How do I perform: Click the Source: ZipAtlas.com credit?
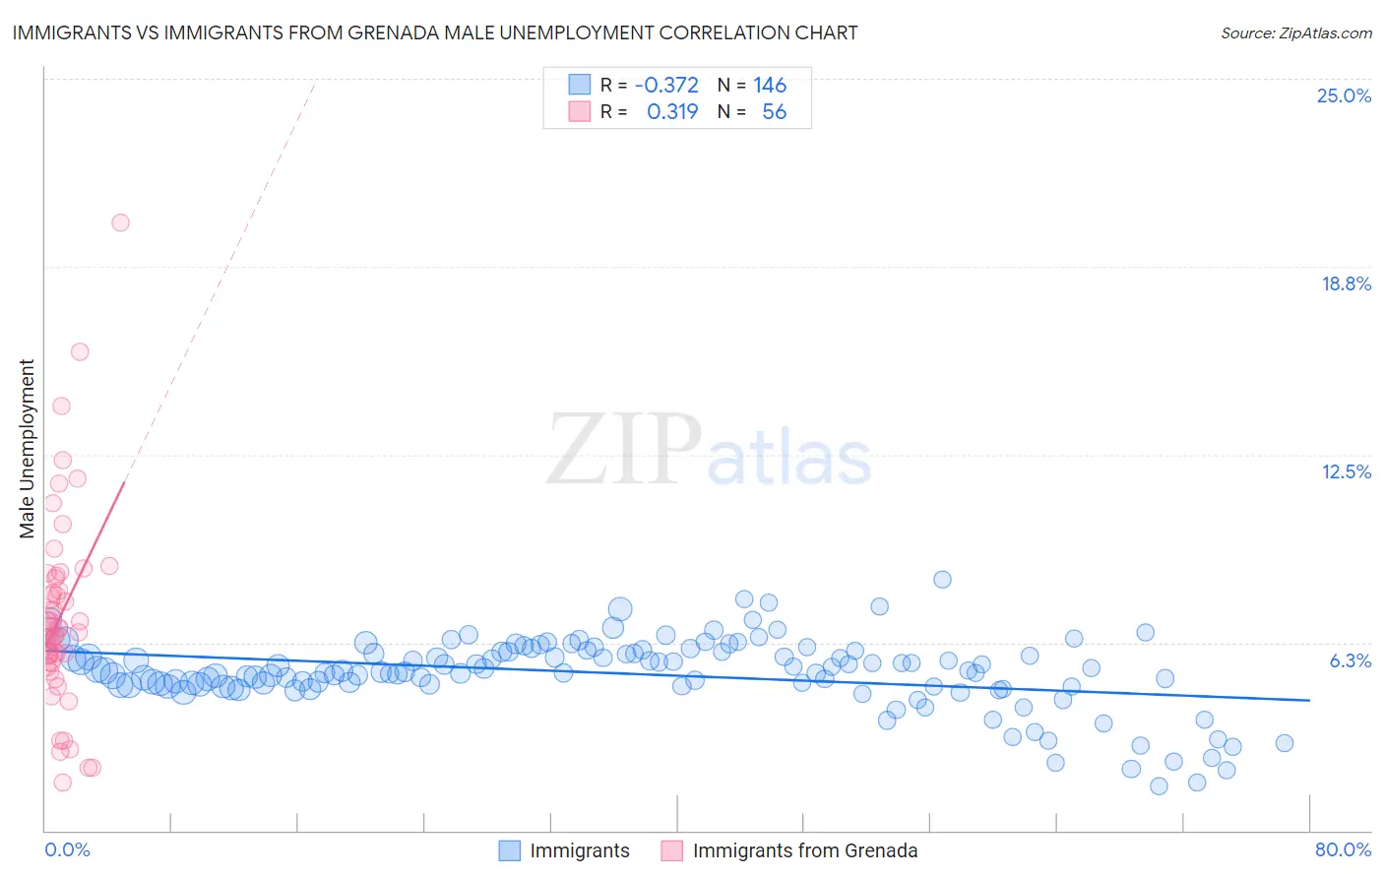point(1295,32)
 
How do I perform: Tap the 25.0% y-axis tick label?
point(1344,95)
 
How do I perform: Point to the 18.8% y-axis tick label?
point(1346,283)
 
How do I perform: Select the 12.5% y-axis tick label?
point(1346,471)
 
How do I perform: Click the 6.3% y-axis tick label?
point(1350,660)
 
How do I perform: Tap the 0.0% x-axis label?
point(67,849)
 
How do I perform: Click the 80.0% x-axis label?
point(1343,849)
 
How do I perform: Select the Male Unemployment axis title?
point(27,449)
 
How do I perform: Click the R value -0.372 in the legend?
point(666,85)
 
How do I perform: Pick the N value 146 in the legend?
point(770,85)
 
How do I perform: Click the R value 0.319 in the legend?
point(672,111)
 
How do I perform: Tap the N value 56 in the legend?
point(774,111)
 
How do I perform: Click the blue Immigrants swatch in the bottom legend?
point(509,850)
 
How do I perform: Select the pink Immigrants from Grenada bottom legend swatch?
point(671,850)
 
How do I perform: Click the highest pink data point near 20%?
point(120,222)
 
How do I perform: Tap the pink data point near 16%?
point(80,351)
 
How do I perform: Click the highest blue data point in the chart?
point(942,579)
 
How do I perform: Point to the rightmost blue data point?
point(1284,743)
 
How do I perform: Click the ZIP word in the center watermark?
point(624,450)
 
